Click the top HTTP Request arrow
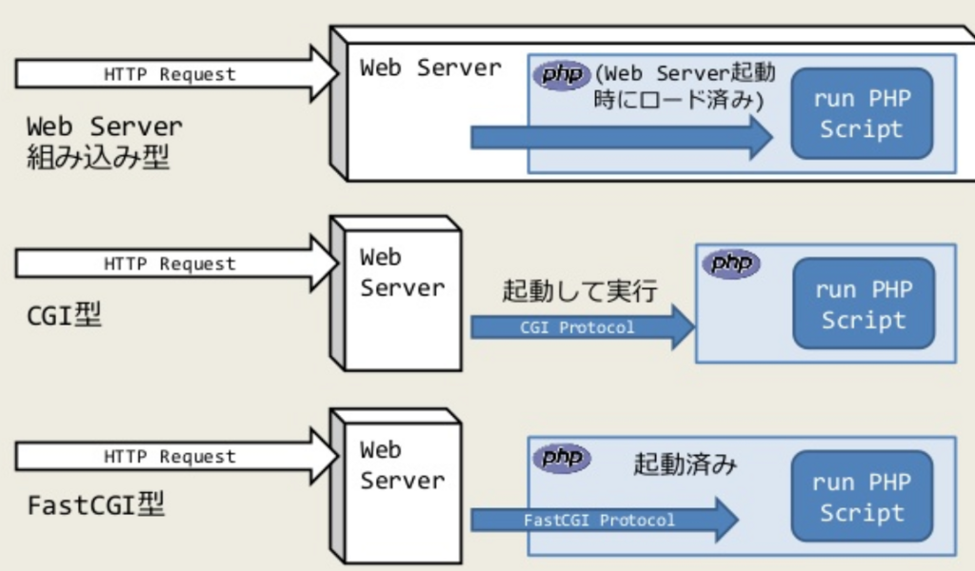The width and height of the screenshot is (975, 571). click(x=177, y=74)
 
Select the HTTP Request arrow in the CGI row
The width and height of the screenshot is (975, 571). click(x=177, y=264)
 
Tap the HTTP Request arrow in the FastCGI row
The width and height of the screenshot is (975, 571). click(x=177, y=456)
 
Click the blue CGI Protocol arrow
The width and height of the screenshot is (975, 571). click(x=583, y=326)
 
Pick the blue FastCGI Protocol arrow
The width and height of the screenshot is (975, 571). click(x=605, y=520)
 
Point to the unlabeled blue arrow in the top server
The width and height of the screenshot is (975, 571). click(x=622, y=137)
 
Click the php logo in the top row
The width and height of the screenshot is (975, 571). click(x=562, y=75)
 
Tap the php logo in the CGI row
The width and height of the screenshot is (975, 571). click(x=731, y=264)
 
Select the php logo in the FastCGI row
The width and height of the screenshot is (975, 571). click(x=562, y=458)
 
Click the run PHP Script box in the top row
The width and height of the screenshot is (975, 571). click(x=862, y=113)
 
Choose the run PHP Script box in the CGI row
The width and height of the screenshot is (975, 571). click(x=864, y=304)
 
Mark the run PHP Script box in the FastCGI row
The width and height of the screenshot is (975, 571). click(x=862, y=496)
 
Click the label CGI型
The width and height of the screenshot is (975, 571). click(x=64, y=315)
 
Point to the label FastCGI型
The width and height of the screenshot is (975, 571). click(x=96, y=503)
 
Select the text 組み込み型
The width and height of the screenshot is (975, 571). click(x=98, y=157)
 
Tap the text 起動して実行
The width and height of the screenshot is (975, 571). click(x=580, y=290)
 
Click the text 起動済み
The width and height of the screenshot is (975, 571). click(x=685, y=463)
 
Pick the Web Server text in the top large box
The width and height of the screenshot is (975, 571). click(x=430, y=68)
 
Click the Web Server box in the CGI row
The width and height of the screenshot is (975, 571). click(x=395, y=293)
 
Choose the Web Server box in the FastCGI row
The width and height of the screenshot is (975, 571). click(x=395, y=486)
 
